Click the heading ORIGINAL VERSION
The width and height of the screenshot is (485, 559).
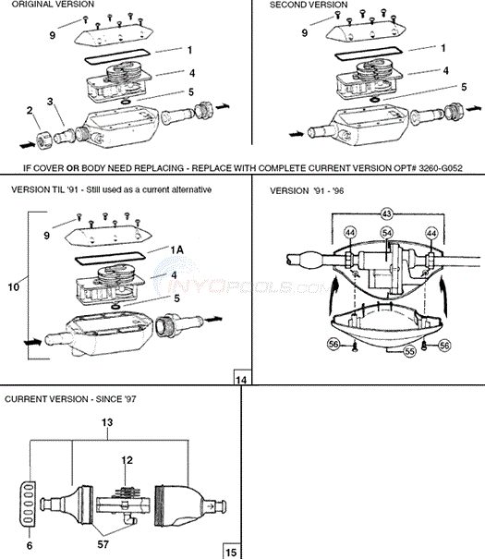(x=53, y=5)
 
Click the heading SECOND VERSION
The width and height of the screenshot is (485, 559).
(x=309, y=5)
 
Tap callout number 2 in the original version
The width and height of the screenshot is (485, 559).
(x=30, y=110)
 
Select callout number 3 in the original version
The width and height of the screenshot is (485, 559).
(x=50, y=102)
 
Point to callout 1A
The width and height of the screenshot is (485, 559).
(x=176, y=249)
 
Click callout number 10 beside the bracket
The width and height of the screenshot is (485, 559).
(x=14, y=287)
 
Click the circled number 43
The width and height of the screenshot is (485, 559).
(x=387, y=213)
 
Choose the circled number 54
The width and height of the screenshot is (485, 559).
(x=387, y=233)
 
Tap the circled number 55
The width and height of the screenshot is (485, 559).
(x=410, y=351)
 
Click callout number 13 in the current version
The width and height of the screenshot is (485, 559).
(x=107, y=422)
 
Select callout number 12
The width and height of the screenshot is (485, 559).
(x=127, y=460)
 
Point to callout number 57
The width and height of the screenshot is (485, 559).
(x=103, y=544)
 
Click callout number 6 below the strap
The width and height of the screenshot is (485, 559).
(x=30, y=545)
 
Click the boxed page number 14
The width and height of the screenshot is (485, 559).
(x=241, y=380)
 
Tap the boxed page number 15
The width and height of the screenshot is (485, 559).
(x=231, y=553)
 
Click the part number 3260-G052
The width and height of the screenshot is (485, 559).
(x=441, y=168)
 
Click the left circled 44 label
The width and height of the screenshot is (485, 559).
(x=350, y=233)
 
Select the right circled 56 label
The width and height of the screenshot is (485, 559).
(x=444, y=345)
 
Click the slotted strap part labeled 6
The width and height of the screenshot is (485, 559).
(x=28, y=504)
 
